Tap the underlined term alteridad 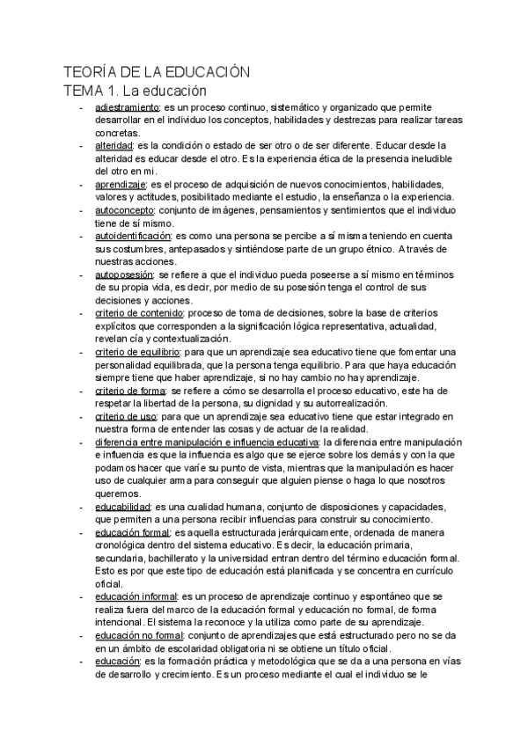(x=114, y=145)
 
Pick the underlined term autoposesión (x=124, y=274)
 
